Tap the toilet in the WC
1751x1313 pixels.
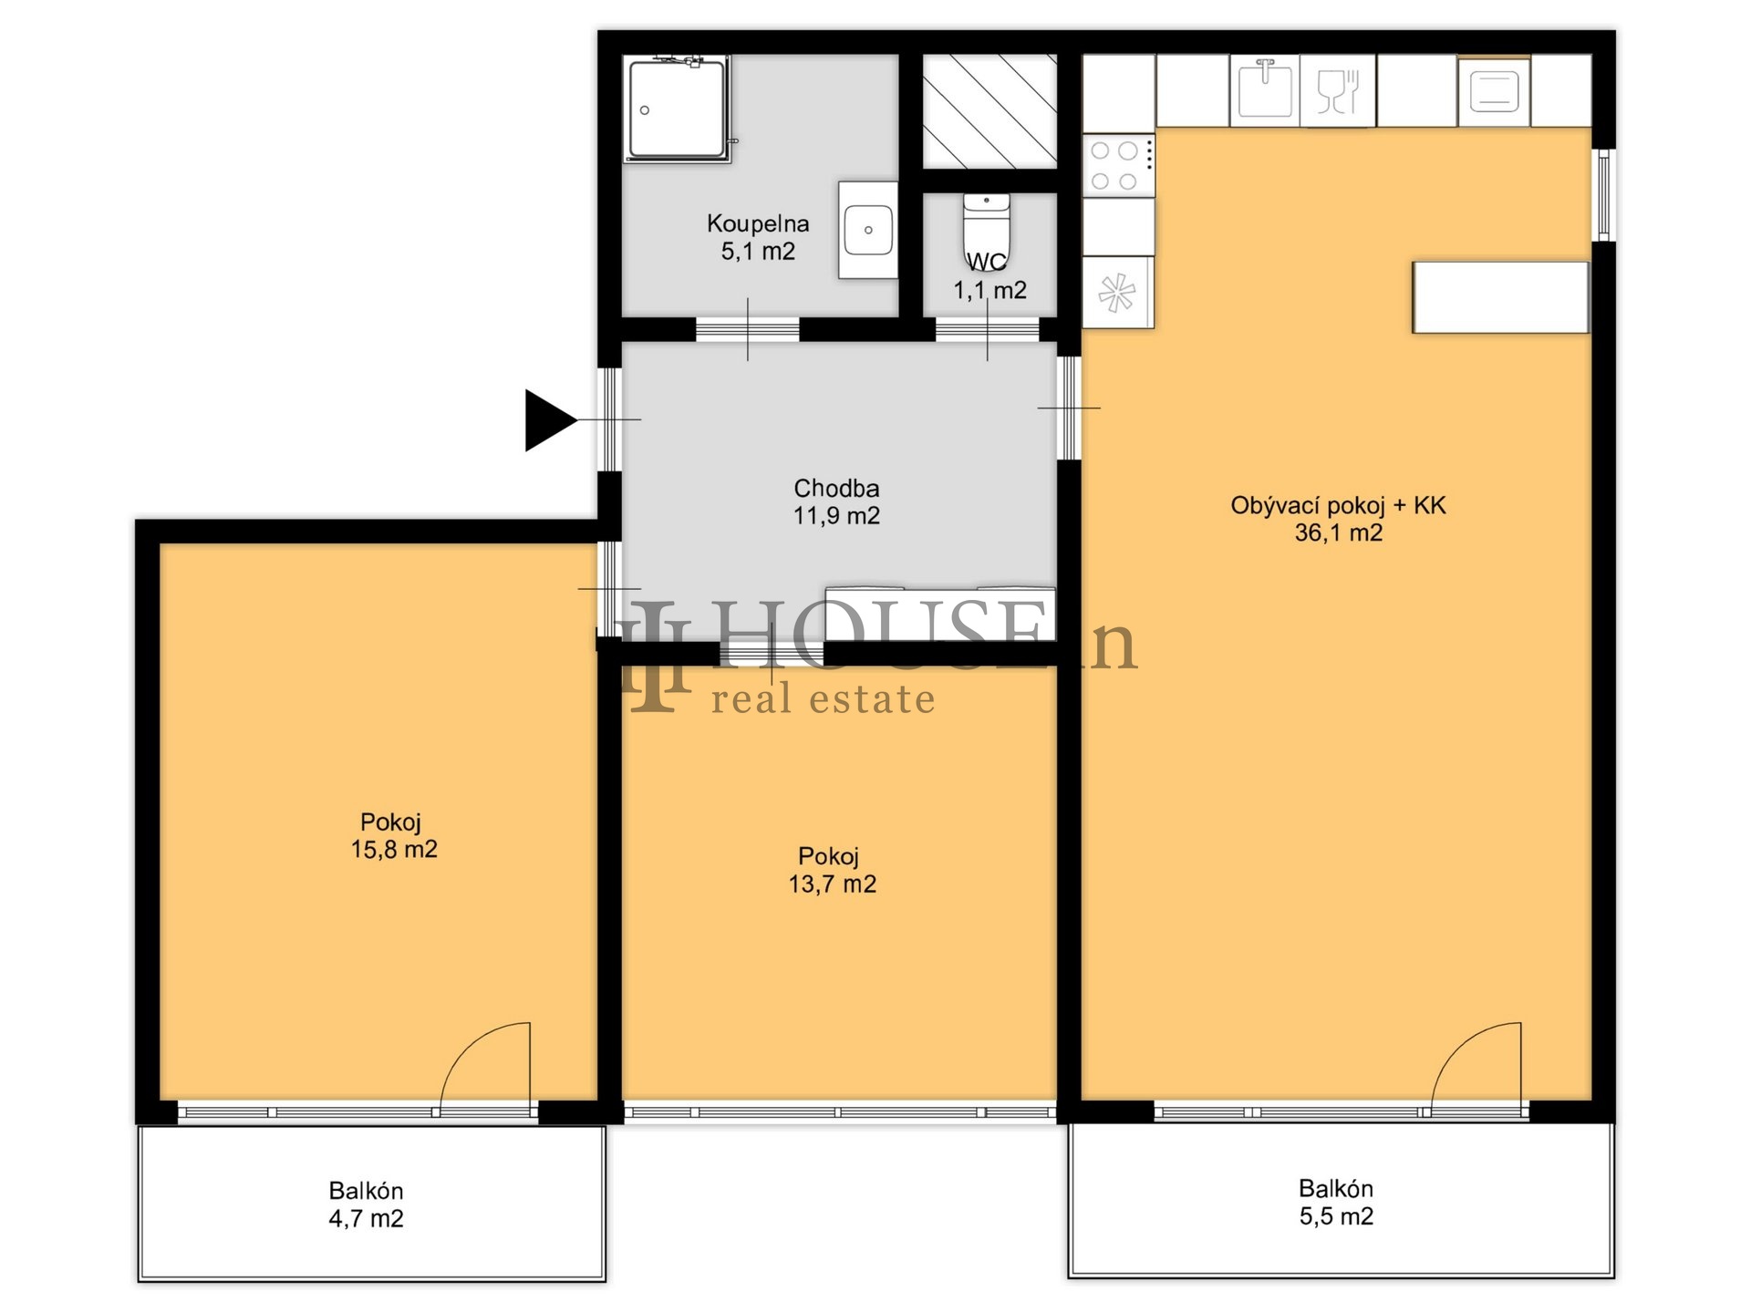(987, 227)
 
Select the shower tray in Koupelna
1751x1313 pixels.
(677, 109)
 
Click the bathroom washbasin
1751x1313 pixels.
(868, 230)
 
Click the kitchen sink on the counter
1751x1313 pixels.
(1264, 89)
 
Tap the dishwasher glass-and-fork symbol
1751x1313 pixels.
(1338, 90)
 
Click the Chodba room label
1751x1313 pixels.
(836, 488)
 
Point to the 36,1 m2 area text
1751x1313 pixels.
(1339, 532)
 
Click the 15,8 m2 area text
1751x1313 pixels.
(394, 850)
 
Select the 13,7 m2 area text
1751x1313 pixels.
(833, 884)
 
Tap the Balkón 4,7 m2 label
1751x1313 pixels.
(366, 1204)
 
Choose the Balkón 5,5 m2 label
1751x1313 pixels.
(1336, 1203)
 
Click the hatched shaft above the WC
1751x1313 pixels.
(989, 111)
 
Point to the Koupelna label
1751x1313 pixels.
(758, 223)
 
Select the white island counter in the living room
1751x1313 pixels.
(1501, 297)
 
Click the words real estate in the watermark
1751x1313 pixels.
(824, 699)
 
